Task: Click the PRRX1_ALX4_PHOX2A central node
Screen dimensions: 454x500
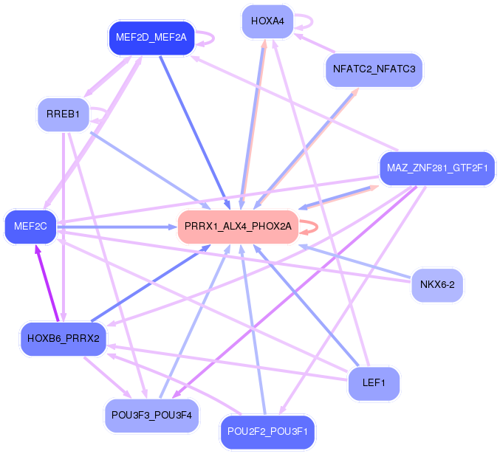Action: coord(237,226)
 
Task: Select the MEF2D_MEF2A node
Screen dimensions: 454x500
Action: coord(151,37)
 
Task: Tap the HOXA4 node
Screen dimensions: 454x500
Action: coord(267,21)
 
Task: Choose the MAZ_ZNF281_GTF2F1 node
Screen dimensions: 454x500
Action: coord(437,169)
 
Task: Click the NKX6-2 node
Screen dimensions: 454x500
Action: coord(437,284)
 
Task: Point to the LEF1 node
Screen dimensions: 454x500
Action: coord(374,384)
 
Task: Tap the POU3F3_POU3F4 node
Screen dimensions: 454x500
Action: coord(151,415)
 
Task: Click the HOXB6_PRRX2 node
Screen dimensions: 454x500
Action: coord(64,339)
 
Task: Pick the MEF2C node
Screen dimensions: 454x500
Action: coord(30,227)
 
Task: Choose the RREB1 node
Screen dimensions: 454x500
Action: coord(63,115)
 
